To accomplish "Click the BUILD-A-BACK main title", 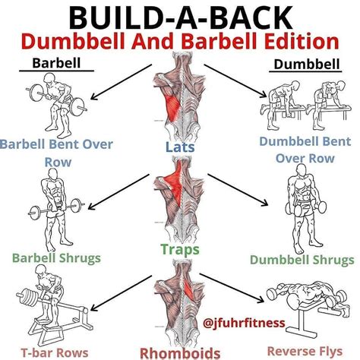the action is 181,18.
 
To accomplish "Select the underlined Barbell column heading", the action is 56,63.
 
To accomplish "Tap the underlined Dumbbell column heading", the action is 307,64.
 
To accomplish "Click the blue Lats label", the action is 180,147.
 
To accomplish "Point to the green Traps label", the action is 180,249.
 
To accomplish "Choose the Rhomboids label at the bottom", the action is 180,353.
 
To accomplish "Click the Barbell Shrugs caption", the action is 56,258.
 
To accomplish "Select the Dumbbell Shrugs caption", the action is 302,260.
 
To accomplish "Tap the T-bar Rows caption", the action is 55,352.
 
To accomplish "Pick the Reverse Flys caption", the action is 305,351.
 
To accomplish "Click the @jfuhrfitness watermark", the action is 244,323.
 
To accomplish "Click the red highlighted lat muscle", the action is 172,108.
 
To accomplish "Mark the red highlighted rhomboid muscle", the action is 188,288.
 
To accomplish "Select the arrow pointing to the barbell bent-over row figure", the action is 121,81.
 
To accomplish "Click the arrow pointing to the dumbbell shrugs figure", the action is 238,190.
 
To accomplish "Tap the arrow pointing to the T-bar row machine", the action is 121,293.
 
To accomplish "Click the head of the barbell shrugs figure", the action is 53,173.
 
